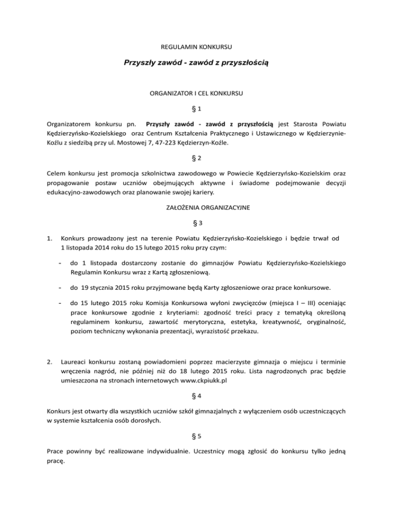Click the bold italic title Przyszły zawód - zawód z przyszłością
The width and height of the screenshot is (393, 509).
tap(196, 63)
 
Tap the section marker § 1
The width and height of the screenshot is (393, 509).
tap(196, 109)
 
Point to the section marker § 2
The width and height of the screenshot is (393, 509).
tap(196, 159)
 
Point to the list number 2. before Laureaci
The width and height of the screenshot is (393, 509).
tap(49, 348)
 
